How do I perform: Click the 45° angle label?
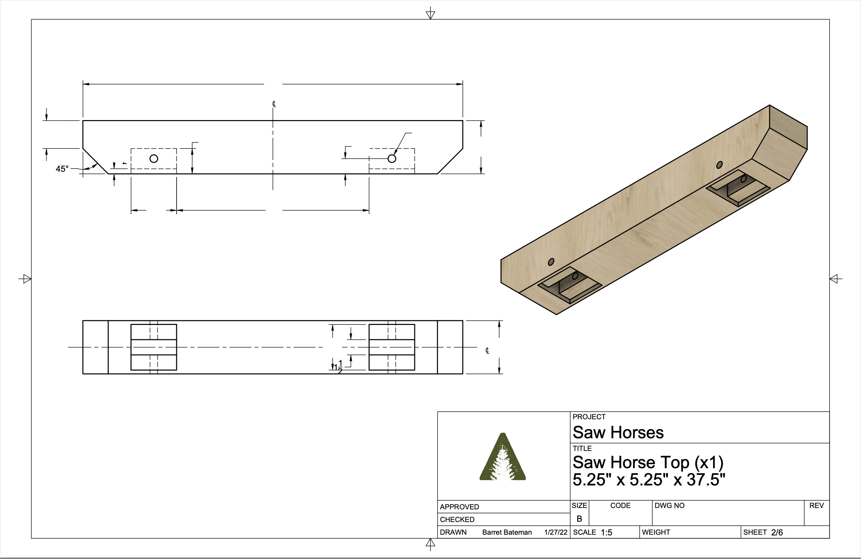(62, 169)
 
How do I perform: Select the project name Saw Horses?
(618, 432)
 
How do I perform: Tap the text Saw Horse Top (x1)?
(648, 462)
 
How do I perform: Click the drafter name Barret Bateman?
(507, 532)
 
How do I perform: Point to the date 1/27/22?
(556, 532)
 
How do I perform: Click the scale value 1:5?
(606, 533)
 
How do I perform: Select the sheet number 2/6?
(777, 533)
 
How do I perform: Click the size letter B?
(579, 519)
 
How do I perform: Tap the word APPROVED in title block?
(459, 507)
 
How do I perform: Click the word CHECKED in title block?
(457, 520)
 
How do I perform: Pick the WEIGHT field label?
(656, 532)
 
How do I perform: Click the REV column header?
(816, 505)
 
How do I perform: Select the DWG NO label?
(669, 505)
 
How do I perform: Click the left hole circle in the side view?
(154, 158)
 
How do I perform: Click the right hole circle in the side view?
(392, 158)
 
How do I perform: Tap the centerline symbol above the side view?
(274, 104)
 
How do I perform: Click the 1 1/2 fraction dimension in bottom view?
(339, 366)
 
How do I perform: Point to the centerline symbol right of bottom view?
(487, 351)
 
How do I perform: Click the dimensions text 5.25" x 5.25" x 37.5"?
(649, 480)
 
